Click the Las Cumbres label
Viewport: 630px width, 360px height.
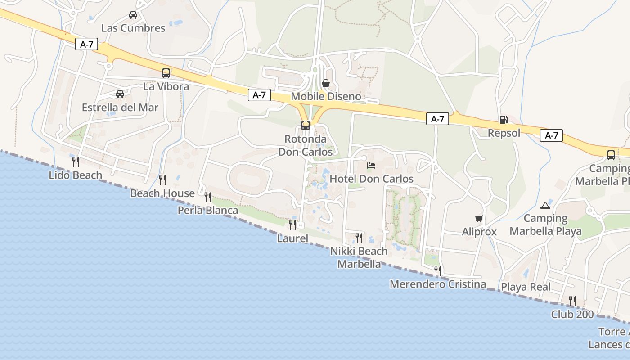pos(133,28)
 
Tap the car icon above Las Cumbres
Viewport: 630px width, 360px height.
pos(133,15)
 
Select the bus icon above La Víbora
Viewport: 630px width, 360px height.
pos(166,73)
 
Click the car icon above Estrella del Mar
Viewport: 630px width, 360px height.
pos(120,94)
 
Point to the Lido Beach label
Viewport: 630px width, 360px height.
pos(76,175)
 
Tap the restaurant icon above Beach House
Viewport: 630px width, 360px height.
pos(162,180)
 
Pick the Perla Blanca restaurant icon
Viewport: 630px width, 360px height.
pos(208,197)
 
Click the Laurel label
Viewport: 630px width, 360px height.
pos(292,238)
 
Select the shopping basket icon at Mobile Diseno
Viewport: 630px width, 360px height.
pos(326,83)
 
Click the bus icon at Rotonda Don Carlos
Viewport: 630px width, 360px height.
pos(306,126)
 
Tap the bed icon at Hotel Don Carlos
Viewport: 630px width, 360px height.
pos(371,166)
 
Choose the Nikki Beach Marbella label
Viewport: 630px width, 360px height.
pos(359,257)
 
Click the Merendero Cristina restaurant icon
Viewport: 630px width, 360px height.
pos(437,271)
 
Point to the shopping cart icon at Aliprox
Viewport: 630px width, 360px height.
pos(479,218)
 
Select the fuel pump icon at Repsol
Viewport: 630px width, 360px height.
pos(504,120)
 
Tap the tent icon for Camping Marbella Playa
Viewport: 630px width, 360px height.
pos(545,205)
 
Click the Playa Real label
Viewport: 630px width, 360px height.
pos(526,287)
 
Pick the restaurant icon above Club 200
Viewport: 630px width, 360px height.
pos(572,301)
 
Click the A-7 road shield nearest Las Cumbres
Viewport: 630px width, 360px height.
pos(86,44)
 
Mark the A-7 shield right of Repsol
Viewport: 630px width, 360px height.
pos(552,135)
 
